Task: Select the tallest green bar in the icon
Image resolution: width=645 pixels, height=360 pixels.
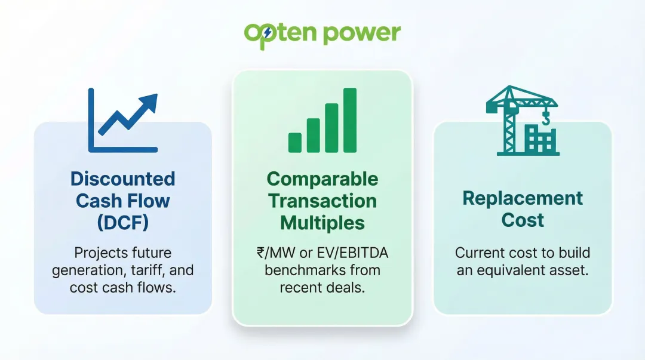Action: (349, 120)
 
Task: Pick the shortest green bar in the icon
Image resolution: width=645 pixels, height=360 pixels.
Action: (295, 142)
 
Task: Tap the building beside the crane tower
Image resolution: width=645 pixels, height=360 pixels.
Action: (539, 140)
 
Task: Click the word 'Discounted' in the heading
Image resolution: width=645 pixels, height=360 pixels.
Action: (122, 179)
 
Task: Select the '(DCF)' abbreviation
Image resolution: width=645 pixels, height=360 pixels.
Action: (122, 222)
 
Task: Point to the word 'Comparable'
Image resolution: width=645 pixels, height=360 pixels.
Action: (322, 179)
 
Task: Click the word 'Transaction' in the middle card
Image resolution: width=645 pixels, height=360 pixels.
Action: (322, 201)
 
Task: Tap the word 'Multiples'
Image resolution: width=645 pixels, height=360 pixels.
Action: (322, 223)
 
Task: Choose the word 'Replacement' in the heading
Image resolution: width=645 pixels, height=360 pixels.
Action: (523, 198)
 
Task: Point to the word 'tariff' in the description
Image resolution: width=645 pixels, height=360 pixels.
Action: (144, 270)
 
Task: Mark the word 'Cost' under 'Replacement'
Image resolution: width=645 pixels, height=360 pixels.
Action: (523, 220)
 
